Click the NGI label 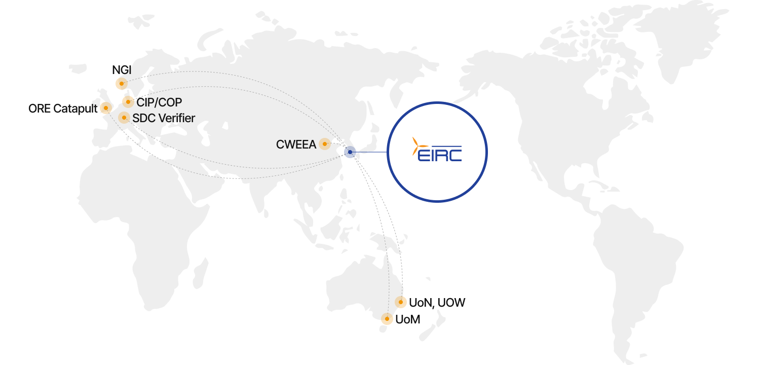pyautogui.click(x=122, y=70)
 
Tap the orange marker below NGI pyautogui.click(x=122, y=84)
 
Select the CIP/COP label pyautogui.click(x=159, y=102)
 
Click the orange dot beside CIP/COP pyautogui.click(x=128, y=102)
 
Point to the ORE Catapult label pyautogui.click(x=63, y=108)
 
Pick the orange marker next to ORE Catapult pyautogui.click(x=106, y=108)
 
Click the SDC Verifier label pyautogui.click(x=164, y=118)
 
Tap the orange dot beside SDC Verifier pyautogui.click(x=124, y=118)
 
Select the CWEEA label pyautogui.click(x=296, y=144)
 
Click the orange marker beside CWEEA pyautogui.click(x=325, y=144)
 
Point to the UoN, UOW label pyautogui.click(x=437, y=303)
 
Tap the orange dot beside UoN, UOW pyautogui.click(x=401, y=302)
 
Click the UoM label pyautogui.click(x=408, y=319)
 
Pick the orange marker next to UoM pyautogui.click(x=387, y=319)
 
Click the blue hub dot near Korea pyautogui.click(x=350, y=152)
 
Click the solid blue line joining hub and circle pyautogui.click(x=370, y=152)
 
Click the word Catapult pyautogui.click(x=75, y=108)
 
